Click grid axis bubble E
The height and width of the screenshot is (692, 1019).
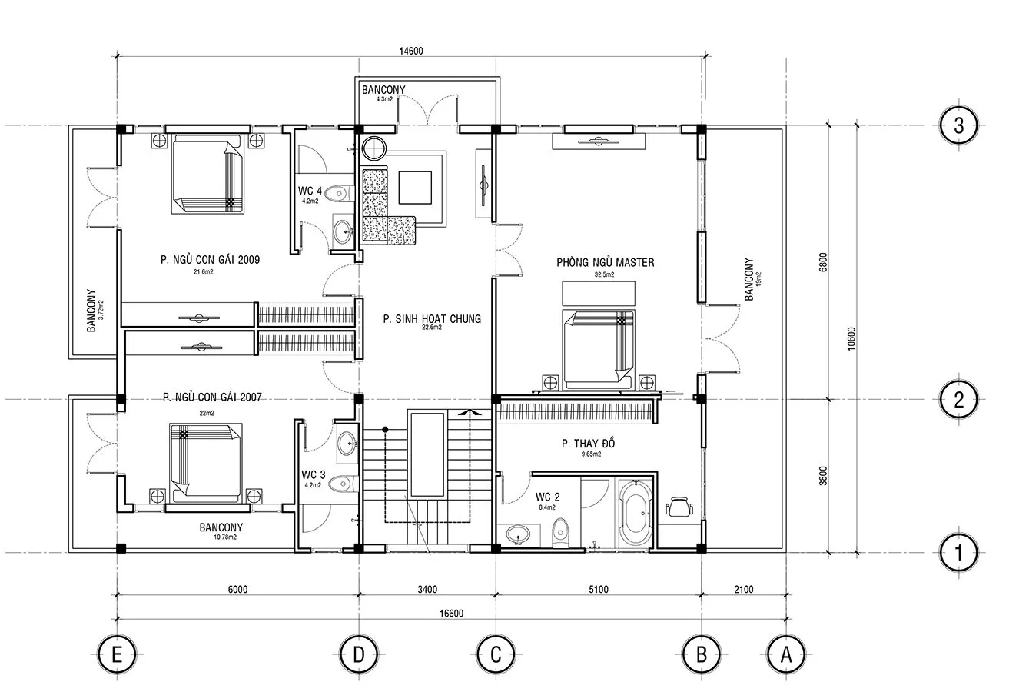(x=117, y=654)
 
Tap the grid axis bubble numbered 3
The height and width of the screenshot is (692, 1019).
(x=958, y=125)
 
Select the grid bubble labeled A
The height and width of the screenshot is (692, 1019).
(x=786, y=654)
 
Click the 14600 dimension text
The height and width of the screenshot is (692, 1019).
(x=411, y=51)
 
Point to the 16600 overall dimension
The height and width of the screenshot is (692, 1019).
(x=451, y=614)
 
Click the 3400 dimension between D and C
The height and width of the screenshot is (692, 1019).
(x=427, y=590)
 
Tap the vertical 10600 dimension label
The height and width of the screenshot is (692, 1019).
(x=851, y=339)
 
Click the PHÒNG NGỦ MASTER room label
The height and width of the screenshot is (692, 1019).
(x=606, y=262)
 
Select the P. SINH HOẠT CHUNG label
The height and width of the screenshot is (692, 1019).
(x=432, y=318)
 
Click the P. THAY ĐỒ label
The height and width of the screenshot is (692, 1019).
(x=588, y=443)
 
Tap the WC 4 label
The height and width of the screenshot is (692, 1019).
(x=310, y=191)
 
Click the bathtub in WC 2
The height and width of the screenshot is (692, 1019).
(x=636, y=513)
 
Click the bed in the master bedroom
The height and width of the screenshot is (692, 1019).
(x=598, y=349)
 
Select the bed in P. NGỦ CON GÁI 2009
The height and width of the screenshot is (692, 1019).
(x=207, y=174)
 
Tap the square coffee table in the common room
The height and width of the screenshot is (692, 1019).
(x=415, y=188)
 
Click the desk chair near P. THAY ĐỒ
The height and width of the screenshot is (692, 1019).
(x=679, y=507)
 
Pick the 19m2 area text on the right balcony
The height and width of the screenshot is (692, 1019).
(x=758, y=279)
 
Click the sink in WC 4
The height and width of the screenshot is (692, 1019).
(x=342, y=232)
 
